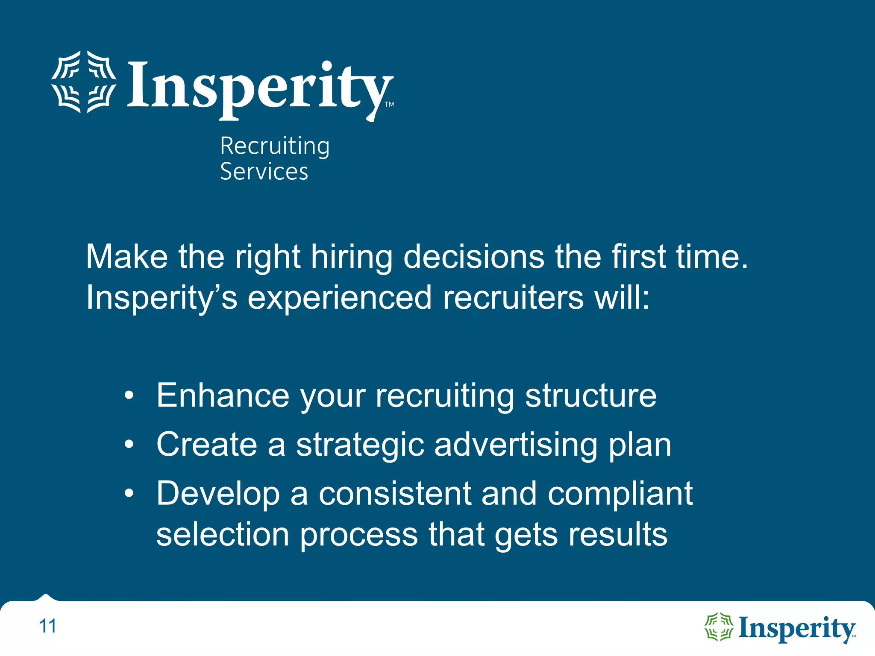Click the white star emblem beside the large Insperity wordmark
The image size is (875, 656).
click(x=84, y=82)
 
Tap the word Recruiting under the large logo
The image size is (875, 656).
click(x=275, y=146)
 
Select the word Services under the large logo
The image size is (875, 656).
click(x=264, y=172)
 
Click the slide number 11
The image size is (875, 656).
click(x=47, y=627)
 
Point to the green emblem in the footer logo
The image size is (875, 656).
click(x=719, y=627)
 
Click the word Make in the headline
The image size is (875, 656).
click(x=127, y=257)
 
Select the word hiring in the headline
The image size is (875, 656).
click(x=351, y=258)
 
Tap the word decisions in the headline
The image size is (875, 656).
click(x=474, y=257)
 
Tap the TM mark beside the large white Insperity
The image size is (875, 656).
click(x=389, y=104)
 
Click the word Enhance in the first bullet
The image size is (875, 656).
click(x=223, y=395)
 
